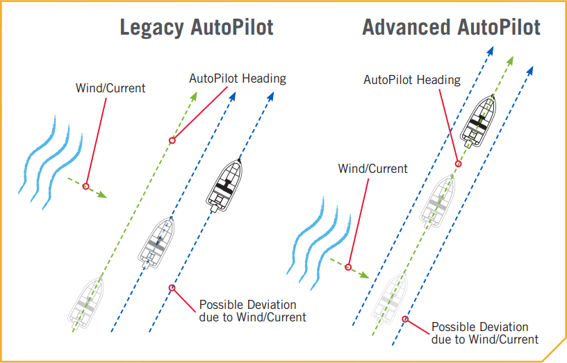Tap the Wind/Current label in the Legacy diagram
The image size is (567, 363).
click(110, 89)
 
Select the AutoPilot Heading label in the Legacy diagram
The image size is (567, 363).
click(238, 78)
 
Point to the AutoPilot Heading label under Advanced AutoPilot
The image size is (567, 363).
click(412, 80)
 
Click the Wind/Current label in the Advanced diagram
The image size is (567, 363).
click(372, 169)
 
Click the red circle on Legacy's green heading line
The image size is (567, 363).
click(172, 140)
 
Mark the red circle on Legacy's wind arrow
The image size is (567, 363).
click(85, 186)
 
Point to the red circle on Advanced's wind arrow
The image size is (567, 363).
click(347, 267)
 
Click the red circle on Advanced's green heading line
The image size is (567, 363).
click(458, 164)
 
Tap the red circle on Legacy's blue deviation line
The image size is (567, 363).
click(172, 288)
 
